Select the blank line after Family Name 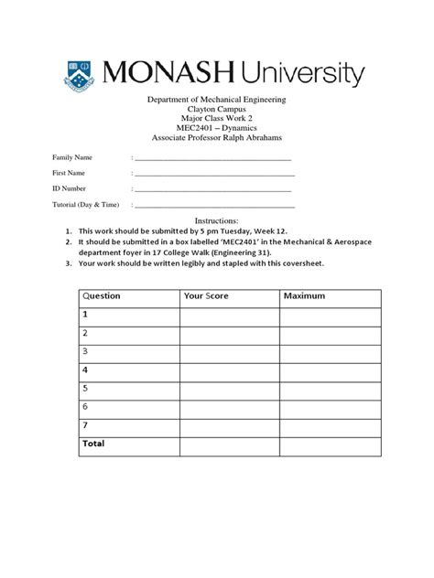pos(213,157)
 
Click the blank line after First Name pos(213,173)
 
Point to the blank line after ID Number pos(213,188)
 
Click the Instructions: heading pos(218,221)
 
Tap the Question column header pos(103,296)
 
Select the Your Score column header pos(206,296)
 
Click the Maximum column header pos(305,296)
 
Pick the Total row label pos(94,444)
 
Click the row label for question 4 pos(85,369)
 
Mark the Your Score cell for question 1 pos(230,315)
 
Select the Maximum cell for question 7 pos(330,425)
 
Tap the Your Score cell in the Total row pos(230,444)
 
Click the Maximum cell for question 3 pos(330,351)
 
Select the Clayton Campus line pos(217,109)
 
